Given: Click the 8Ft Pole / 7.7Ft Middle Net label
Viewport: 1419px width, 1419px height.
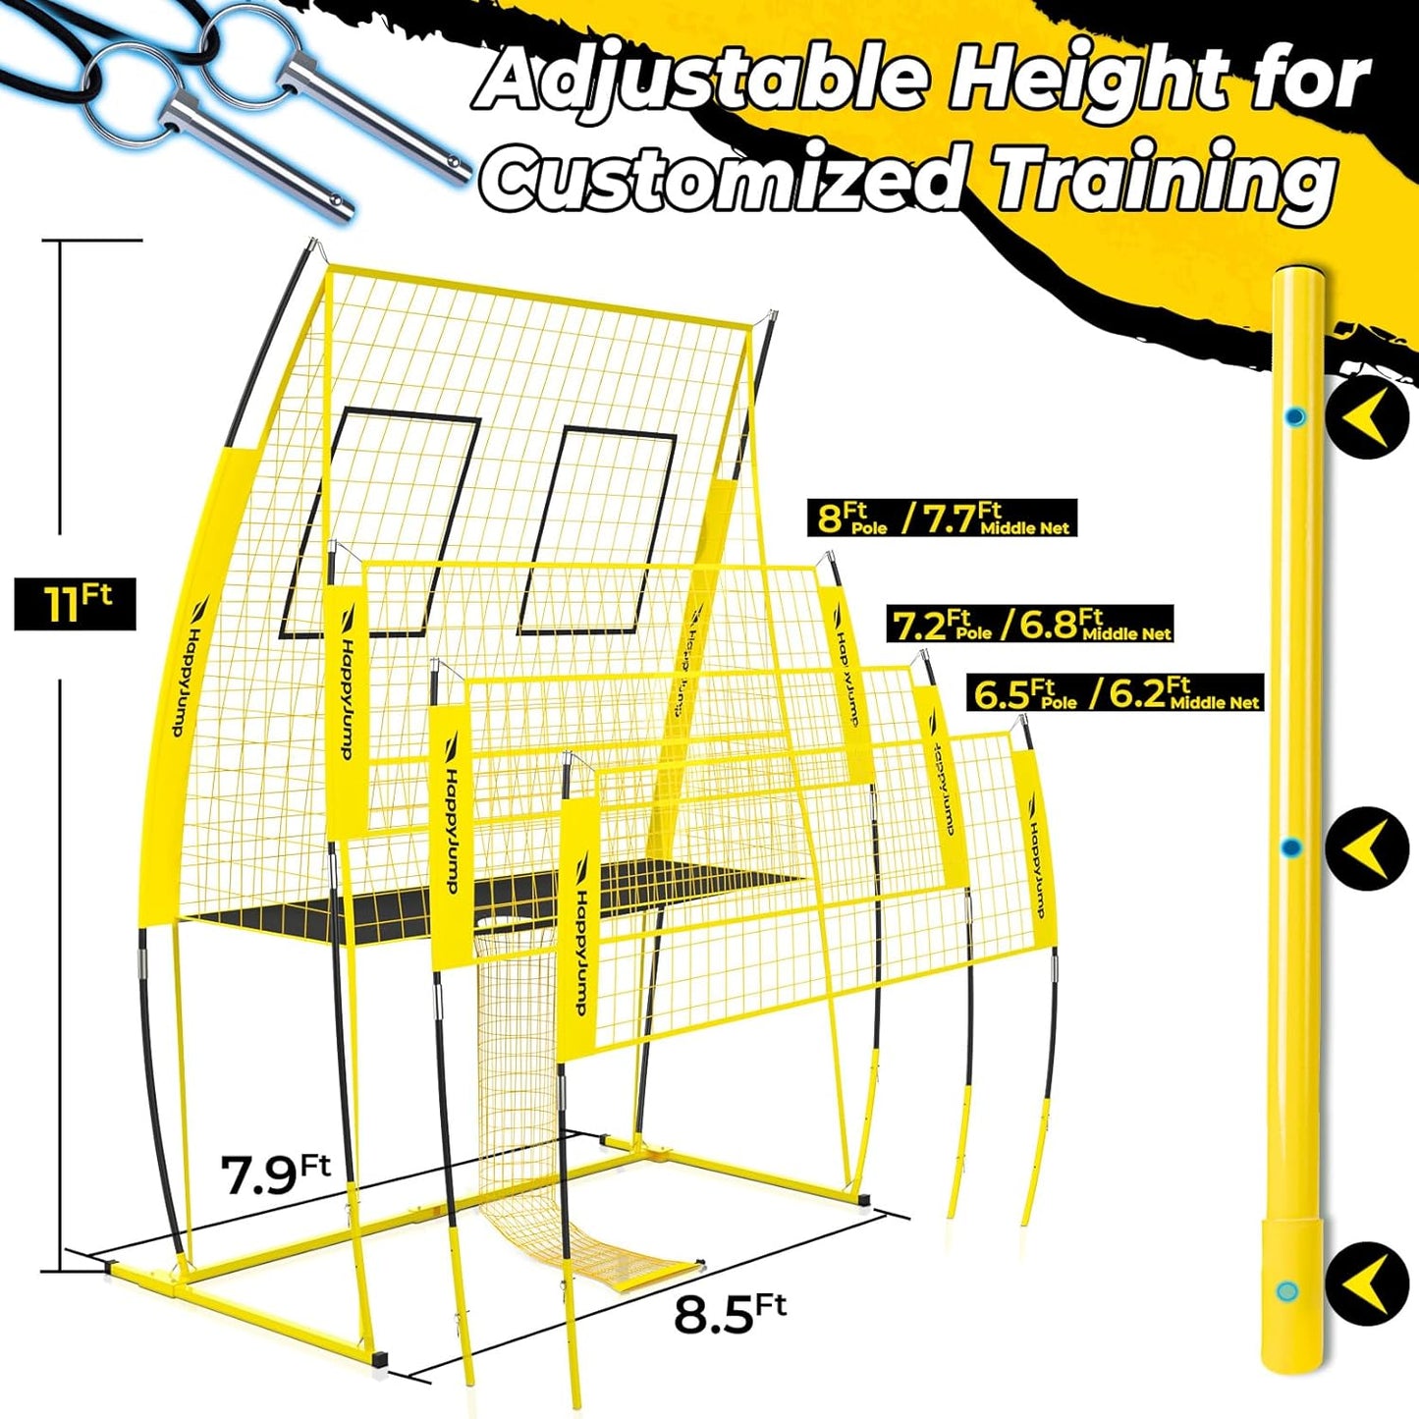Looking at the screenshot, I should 942,518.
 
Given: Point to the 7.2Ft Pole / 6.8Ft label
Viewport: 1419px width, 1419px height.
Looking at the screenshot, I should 1030,625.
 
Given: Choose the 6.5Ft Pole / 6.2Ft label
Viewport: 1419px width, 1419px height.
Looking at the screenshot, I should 1115,693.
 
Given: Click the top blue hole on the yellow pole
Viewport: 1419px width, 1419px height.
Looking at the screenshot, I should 1295,417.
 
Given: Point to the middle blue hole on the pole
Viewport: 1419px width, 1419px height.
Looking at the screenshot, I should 1292,847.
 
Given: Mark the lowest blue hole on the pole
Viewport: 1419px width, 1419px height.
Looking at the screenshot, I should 1285,1290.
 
